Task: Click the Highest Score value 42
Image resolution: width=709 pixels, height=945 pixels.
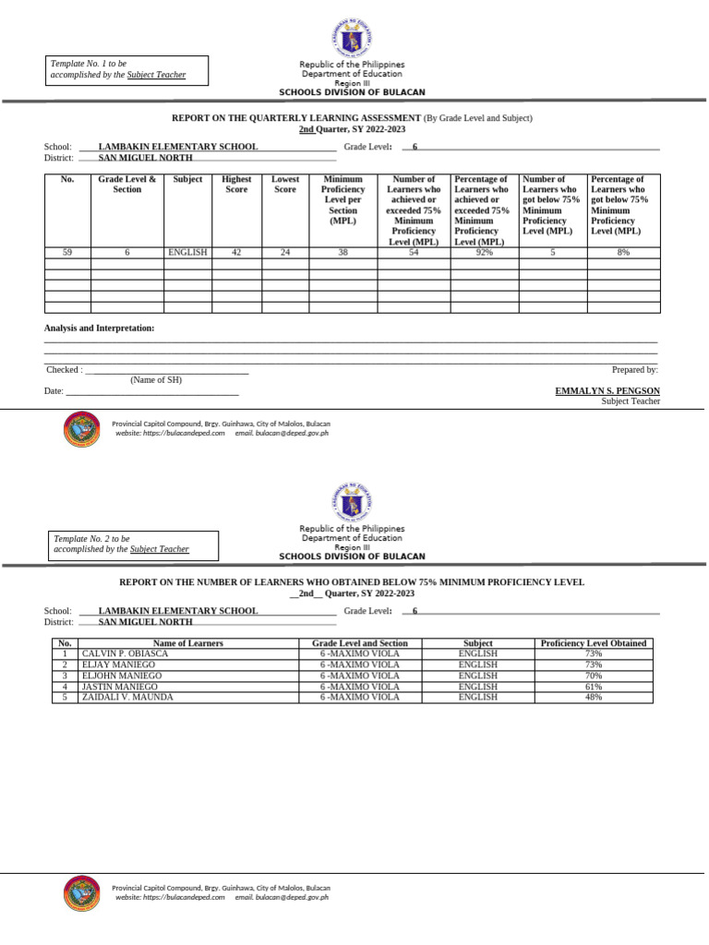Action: (236, 252)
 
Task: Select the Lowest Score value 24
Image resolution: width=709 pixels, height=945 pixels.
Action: (285, 252)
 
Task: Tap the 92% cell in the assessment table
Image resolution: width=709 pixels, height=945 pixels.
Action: (484, 252)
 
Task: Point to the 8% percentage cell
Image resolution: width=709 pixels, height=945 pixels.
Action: (623, 252)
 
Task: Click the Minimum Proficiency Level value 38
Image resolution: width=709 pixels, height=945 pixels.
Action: (342, 252)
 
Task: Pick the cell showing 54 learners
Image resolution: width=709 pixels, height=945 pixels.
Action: (414, 252)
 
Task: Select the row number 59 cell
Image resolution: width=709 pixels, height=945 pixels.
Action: (67, 252)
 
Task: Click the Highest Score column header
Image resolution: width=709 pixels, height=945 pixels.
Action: (236, 185)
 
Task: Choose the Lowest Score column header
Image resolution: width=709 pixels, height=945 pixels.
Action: (285, 185)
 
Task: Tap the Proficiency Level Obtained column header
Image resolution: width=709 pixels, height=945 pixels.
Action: (593, 643)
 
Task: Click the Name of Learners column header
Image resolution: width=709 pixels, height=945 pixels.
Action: (188, 643)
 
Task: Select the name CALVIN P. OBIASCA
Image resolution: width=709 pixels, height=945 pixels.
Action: (126, 653)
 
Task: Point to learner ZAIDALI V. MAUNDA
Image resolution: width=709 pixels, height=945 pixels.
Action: (127, 698)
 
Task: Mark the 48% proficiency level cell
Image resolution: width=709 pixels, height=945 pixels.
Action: (593, 698)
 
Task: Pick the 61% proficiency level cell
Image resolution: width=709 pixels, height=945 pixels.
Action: (593, 687)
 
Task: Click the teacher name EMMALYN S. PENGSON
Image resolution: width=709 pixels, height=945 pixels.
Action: (607, 391)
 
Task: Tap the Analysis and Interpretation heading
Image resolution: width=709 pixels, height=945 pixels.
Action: (100, 329)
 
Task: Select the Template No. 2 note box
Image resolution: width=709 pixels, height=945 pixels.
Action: (133, 544)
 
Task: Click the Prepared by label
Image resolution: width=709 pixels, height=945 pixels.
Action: (634, 370)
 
